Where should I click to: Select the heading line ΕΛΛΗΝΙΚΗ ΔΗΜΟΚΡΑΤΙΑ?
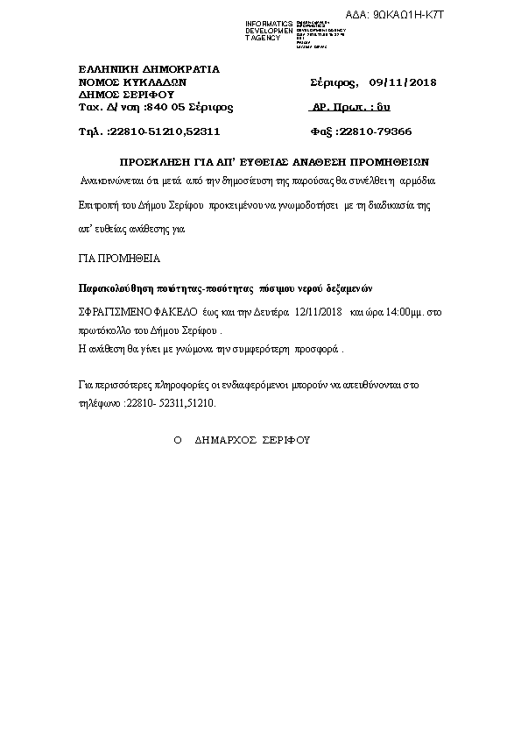149,68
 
